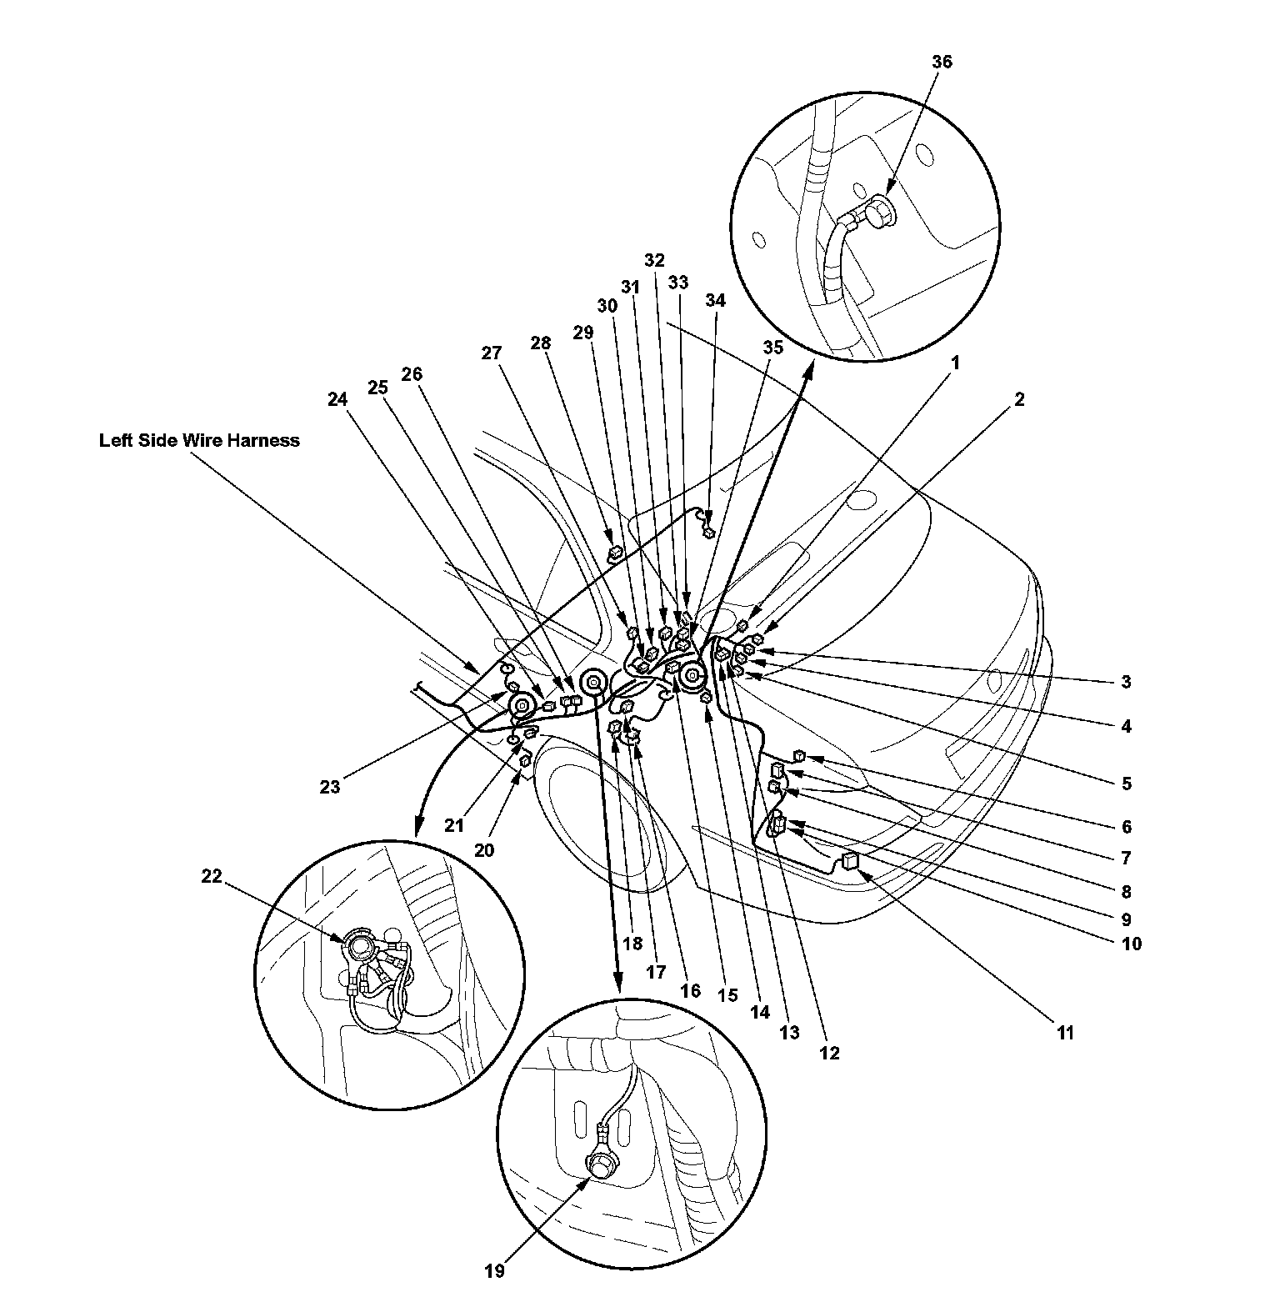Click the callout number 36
(942, 63)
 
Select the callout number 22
(212, 876)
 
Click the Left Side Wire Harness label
(199, 440)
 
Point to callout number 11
(1065, 1033)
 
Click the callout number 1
(956, 363)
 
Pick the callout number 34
(715, 300)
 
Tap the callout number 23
(330, 786)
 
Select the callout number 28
(541, 343)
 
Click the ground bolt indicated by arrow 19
(598, 1164)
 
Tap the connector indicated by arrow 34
(709, 533)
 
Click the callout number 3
(1126, 682)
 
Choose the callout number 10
(1131, 944)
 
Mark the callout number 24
(337, 399)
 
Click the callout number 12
(829, 1053)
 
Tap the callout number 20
(484, 850)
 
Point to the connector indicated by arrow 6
(799, 755)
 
